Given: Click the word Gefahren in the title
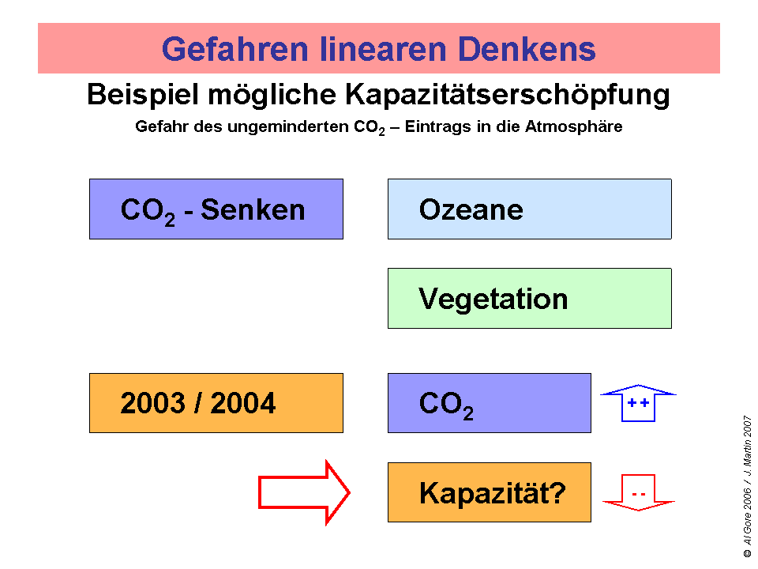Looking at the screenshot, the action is (x=235, y=49).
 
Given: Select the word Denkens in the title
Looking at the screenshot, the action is (x=527, y=49).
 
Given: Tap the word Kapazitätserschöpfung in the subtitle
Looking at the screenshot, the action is (x=507, y=95).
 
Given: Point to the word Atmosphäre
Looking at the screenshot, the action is (x=574, y=126).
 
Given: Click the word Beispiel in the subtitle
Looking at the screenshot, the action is (x=143, y=95).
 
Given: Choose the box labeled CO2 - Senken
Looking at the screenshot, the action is (x=216, y=209).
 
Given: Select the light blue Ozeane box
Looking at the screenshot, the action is (x=529, y=209).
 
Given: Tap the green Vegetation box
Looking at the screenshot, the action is (x=529, y=299).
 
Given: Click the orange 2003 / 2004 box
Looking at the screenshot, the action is (x=216, y=403).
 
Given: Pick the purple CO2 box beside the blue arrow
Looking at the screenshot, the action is (x=490, y=403).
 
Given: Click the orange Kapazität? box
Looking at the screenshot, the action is (x=490, y=492).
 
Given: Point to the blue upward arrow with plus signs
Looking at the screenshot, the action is (x=638, y=403).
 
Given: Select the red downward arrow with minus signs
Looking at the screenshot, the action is (x=638, y=492).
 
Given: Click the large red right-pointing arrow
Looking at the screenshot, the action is (x=304, y=492).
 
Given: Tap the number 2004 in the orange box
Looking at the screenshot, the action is (x=243, y=403).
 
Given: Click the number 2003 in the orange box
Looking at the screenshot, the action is (x=152, y=403).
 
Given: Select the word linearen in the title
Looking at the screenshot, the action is (x=383, y=49).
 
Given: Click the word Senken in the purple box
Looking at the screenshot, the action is (x=253, y=210).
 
